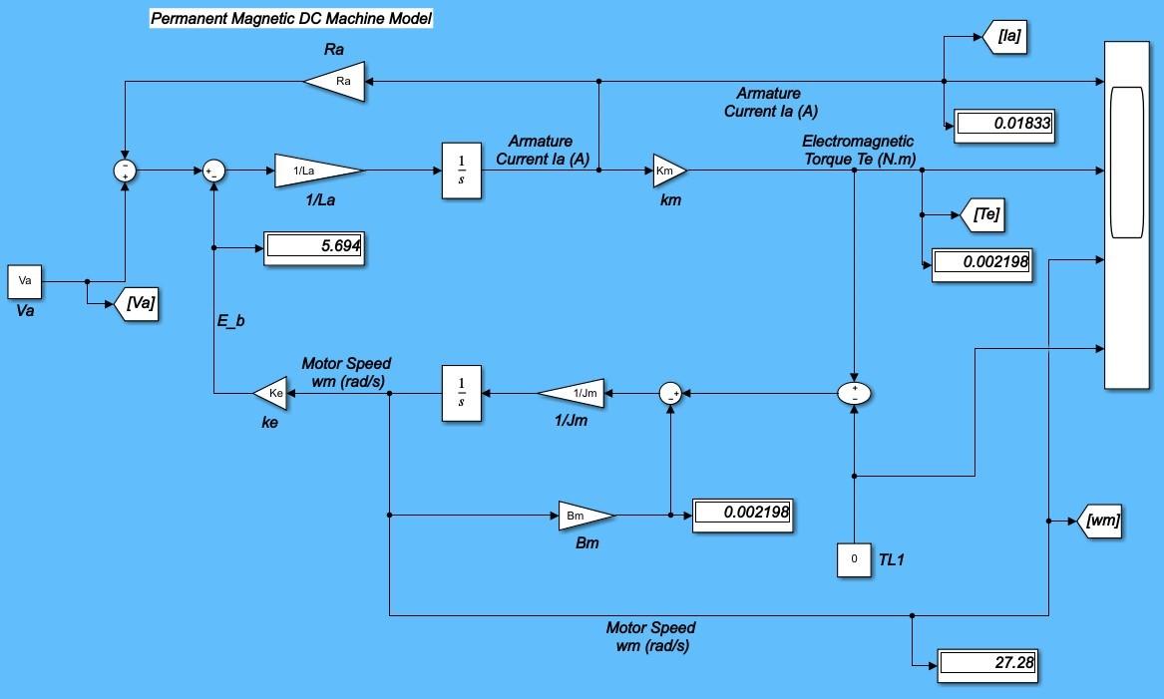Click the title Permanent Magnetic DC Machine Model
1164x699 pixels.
point(291,18)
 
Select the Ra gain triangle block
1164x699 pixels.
point(337,81)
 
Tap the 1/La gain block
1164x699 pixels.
point(315,171)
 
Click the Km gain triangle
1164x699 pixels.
point(668,171)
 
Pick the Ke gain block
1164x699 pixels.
point(272,394)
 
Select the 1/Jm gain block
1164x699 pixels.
point(577,394)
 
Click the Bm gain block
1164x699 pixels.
point(583,516)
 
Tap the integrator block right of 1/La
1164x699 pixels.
point(461,171)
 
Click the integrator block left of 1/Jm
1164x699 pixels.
point(461,394)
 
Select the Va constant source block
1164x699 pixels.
point(26,281)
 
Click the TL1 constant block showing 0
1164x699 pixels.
point(854,559)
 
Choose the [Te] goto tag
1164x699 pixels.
point(978,214)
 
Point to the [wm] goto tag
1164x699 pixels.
point(1101,521)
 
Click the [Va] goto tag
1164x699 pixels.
point(139,303)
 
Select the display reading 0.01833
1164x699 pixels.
point(1004,125)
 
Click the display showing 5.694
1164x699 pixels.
point(312,246)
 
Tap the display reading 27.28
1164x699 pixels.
point(987,663)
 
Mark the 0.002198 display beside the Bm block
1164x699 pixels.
point(742,513)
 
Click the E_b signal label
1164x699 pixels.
point(230,321)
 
